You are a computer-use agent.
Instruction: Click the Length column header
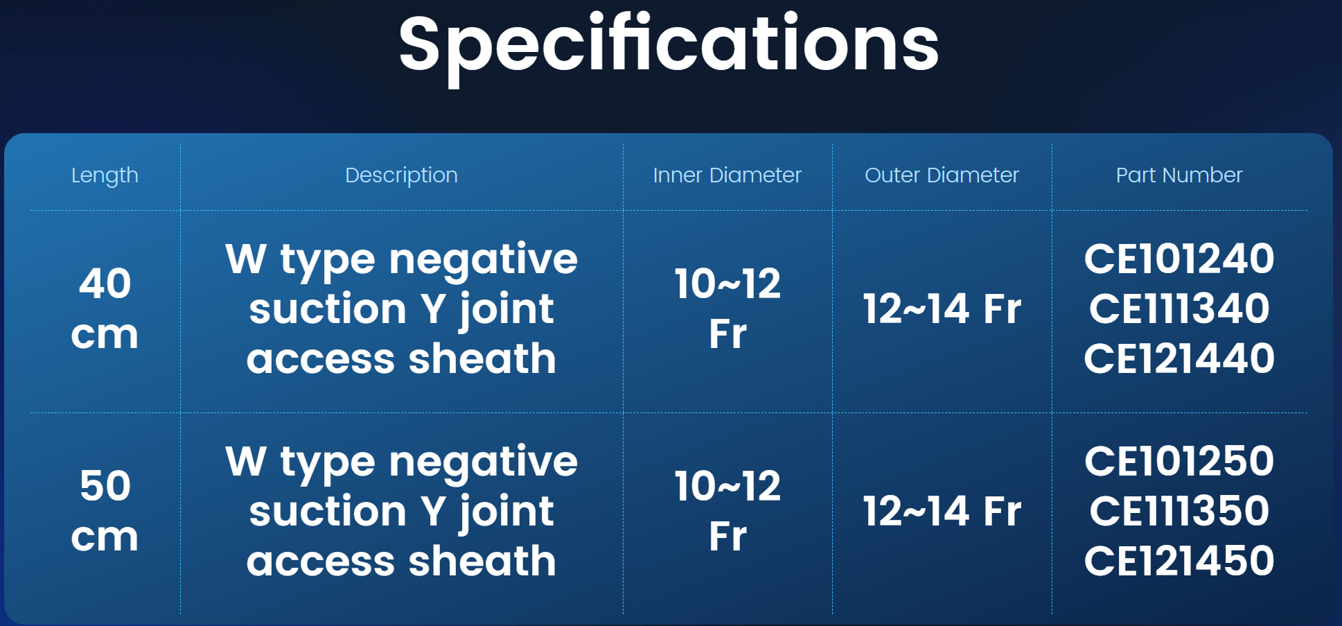pos(105,175)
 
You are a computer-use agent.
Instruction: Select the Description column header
pos(401,175)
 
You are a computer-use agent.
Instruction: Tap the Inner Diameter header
pos(727,175)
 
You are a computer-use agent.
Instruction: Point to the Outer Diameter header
pos(942,175)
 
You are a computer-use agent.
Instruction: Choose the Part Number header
pos(1179,175)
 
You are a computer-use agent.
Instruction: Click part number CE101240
pos(1179,259)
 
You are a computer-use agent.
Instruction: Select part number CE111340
pos(1179,308)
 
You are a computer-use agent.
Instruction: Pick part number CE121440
pos(1179,358)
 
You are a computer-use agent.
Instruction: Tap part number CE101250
pos(1179,461)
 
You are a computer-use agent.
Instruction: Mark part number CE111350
pos(1179,511)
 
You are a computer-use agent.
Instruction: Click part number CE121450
pos(1179,561)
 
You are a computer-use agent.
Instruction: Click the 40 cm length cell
pos(105,308)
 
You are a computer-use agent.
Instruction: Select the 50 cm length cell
pos(105,511)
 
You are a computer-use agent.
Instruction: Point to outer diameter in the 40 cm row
pos(942,308)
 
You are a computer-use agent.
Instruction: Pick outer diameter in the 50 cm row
pos(942,511)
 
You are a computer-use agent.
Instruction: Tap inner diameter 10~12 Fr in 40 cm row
pos(727,308)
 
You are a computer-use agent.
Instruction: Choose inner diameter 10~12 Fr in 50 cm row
pos(727,511)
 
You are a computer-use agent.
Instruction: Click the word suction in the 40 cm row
pos(328,309)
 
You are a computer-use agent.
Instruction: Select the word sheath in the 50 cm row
pos(483,561)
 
